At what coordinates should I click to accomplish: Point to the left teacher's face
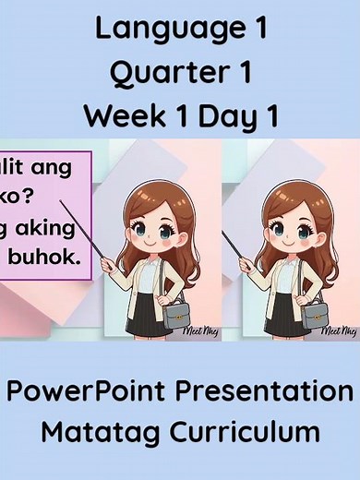pos(148,230)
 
